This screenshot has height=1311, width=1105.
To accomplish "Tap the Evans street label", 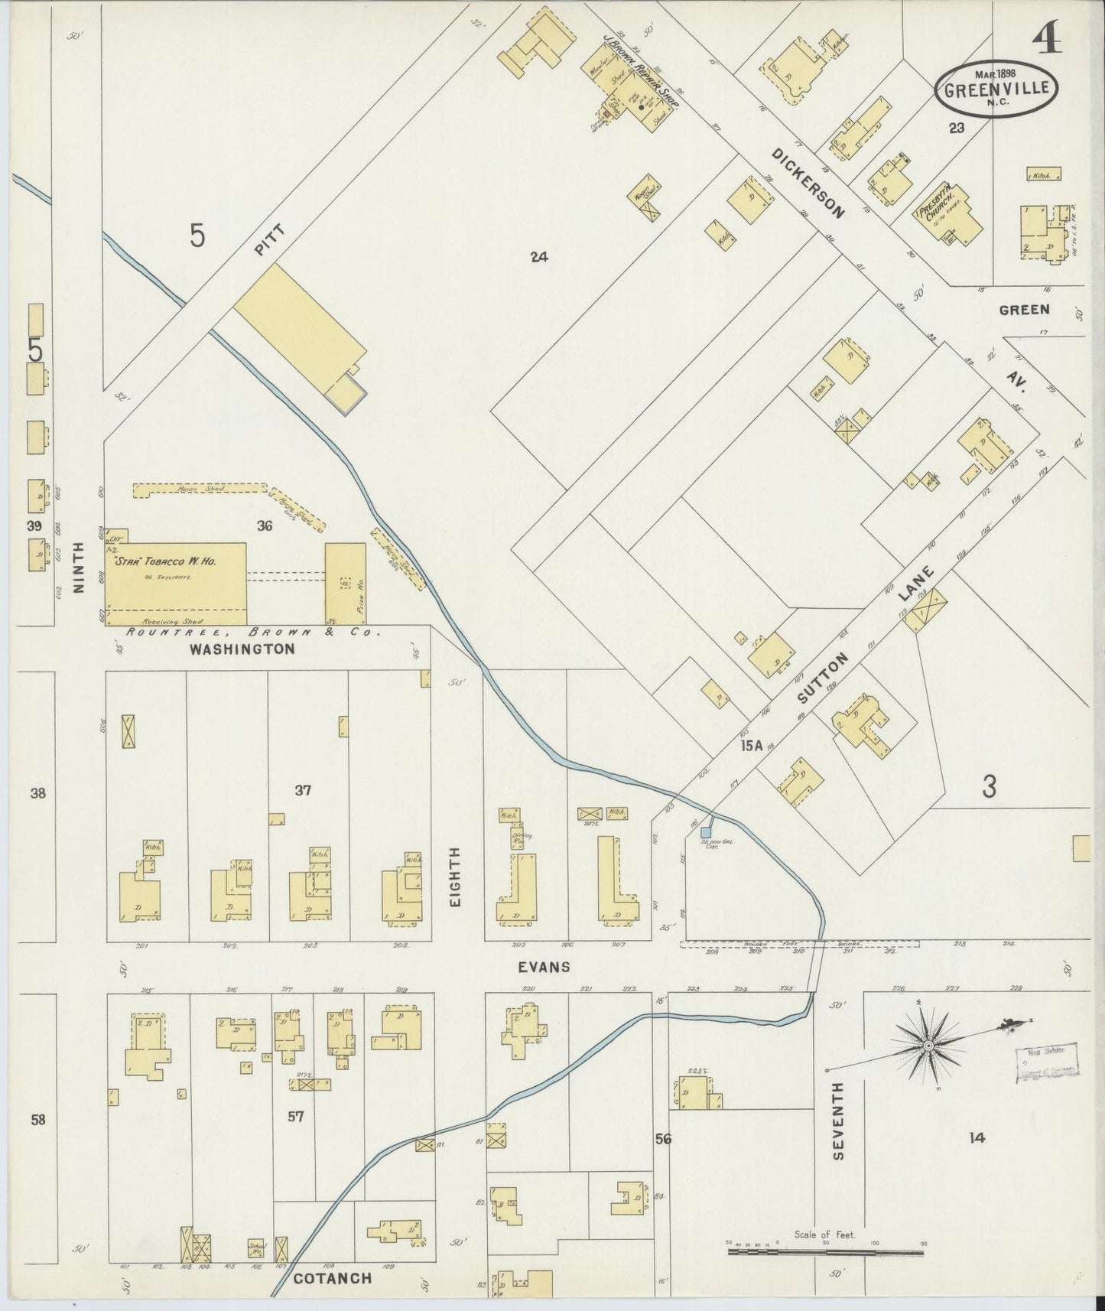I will (x=544, y=967).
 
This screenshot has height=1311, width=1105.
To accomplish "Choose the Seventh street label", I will (x=838, y=1132).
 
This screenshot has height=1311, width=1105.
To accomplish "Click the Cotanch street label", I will (x=333, y=1278).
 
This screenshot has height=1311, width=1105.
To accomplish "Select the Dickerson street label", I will (x=808, y=182).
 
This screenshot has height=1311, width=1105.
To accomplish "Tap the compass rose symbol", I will (x=928, y=1045).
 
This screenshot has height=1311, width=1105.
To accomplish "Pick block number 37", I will (x=303, y=790).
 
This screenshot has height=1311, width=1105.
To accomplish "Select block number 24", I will (x=539, y=257).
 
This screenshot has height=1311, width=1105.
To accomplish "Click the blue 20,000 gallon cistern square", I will (x=706, y=831).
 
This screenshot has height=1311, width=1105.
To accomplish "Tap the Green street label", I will (x=1024, y=310).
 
